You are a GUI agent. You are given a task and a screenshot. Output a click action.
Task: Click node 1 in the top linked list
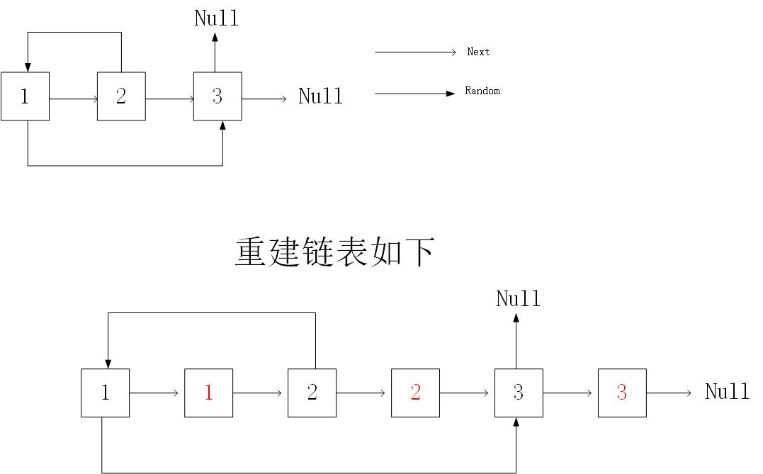click(x=25, y=96)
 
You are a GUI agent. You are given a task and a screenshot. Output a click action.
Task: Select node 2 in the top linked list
click(x=121, y=96)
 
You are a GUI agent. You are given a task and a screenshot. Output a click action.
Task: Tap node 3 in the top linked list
click(x=217, y=96)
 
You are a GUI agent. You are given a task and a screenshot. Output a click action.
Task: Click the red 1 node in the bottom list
click(x=208, y=393)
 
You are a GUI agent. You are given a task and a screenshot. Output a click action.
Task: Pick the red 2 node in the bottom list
click(x=415, y=393)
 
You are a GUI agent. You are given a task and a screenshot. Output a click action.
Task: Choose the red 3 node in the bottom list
click(x=622, y=393)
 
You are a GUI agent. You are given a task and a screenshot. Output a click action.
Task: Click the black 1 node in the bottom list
click(x=105, y=393)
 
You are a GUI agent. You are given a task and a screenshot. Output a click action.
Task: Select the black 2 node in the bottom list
click(x=312, y=393)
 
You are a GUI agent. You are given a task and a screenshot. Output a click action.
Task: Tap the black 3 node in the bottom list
click(x=519, y=393)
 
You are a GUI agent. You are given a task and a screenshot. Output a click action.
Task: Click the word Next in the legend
click(x=478, y=52)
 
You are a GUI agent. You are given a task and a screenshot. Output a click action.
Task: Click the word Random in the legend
click(x=482, y=91)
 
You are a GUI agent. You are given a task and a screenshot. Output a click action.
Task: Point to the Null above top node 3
click(x=217, y=18)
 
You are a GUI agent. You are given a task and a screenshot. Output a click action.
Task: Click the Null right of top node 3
click(x=320, y=96)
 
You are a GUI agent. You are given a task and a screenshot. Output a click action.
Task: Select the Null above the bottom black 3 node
click(x=518, y=299)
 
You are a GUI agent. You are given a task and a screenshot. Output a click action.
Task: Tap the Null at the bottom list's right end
click(x=727, y=392)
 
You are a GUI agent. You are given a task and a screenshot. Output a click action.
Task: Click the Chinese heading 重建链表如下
click(x=334, y=252)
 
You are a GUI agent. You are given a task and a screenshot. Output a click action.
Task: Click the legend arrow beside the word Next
click(x=415, y=52)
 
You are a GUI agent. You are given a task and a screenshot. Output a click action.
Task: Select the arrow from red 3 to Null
click(x=669, y=393)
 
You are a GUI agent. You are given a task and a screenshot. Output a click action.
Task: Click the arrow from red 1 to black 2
click(x=260, y=393)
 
